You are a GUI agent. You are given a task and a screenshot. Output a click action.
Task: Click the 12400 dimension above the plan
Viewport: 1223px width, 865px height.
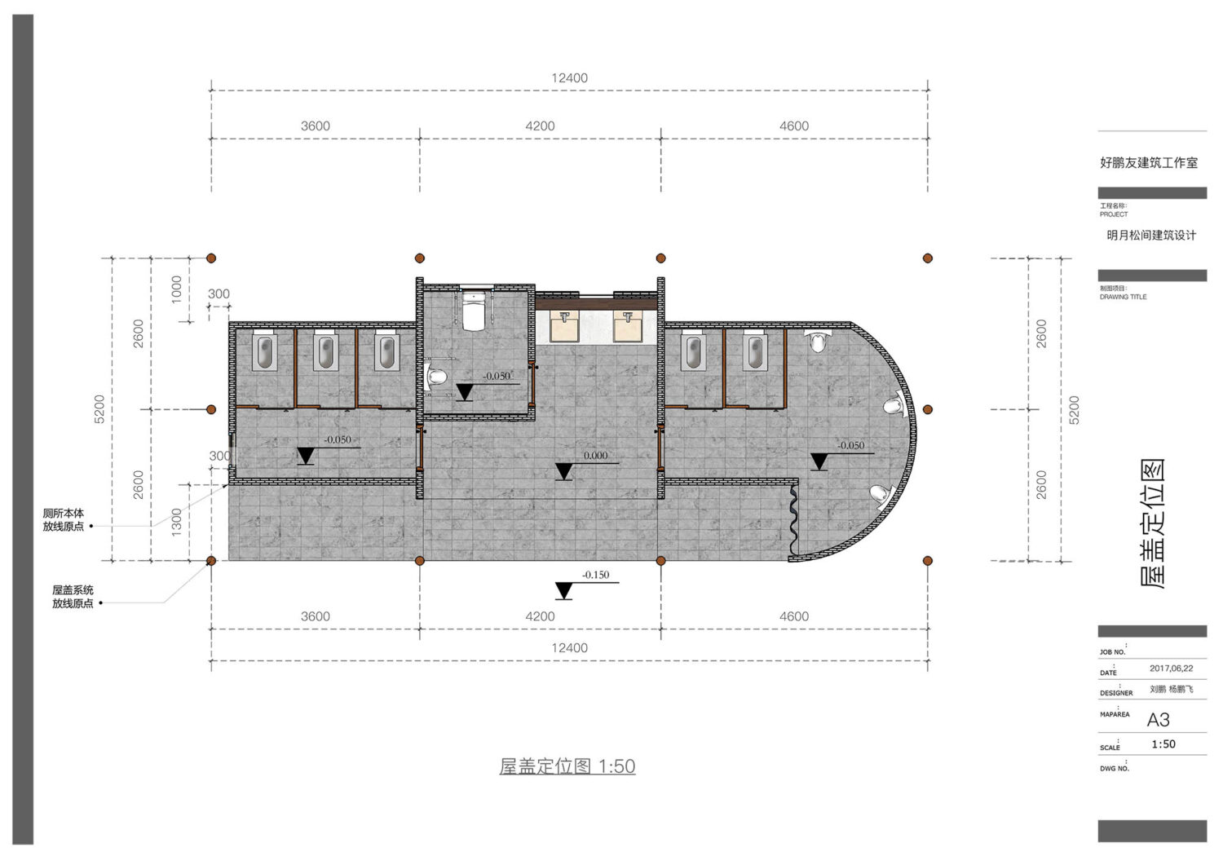click(569, 78)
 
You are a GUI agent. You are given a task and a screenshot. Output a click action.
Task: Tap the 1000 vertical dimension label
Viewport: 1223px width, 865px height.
click(176, 289)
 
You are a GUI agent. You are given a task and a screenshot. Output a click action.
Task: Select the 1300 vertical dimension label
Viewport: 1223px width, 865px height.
click(176, 522)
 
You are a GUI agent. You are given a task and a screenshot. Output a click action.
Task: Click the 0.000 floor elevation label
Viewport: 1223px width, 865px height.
click(595, 456)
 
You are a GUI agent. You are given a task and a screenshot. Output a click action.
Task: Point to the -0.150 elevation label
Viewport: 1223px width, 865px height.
click(595, 575)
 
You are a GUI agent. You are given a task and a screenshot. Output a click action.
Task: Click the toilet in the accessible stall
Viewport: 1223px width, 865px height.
click(474, 311)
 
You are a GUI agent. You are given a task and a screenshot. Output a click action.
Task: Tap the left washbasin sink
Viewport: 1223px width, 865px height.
click(564, 326)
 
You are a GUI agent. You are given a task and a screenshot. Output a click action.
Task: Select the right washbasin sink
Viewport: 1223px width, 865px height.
click(628, 326)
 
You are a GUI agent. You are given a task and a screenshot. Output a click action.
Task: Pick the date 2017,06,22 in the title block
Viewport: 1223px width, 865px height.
click(1171, 669)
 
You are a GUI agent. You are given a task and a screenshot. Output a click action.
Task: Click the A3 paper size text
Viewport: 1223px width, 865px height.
click(1158, 720)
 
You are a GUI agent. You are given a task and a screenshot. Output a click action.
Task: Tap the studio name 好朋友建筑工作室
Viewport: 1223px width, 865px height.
click(1149, 163)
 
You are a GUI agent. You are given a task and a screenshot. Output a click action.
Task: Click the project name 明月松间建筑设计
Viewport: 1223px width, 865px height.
click(1151, 236)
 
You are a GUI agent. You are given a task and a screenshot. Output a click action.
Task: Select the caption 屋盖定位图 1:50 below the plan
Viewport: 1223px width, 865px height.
click(567, 766)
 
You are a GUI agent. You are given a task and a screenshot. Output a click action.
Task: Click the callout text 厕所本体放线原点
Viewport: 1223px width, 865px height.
click(64, 520)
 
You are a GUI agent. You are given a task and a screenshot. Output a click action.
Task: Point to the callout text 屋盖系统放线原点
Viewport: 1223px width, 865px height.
click(73, 596)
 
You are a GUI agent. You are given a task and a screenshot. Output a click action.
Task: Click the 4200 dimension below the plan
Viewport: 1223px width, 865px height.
click(540, 616)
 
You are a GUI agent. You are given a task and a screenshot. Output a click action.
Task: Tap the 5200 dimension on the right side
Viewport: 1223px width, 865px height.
click(1074, 409)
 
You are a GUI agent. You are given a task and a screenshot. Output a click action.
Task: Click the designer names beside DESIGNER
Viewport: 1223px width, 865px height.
click(1171, 689)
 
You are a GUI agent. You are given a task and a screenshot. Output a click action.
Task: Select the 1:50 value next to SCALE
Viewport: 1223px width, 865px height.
click(1163, 744)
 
